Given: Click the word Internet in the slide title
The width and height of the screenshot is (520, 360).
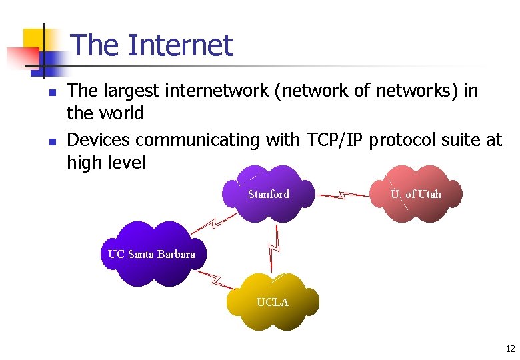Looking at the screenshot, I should [x=180, y=45].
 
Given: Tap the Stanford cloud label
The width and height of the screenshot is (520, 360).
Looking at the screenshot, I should [x=269, y=195].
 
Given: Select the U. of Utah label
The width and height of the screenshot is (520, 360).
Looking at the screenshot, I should [x=416, y=195].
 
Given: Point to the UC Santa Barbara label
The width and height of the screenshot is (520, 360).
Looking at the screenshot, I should [x=152, y=254].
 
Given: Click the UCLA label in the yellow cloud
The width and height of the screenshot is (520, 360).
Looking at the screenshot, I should [x=273, y=303].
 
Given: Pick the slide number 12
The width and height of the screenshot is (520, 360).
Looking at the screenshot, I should [x=510, y=349].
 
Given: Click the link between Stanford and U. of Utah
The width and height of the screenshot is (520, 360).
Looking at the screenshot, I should [x=343, y=195].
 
